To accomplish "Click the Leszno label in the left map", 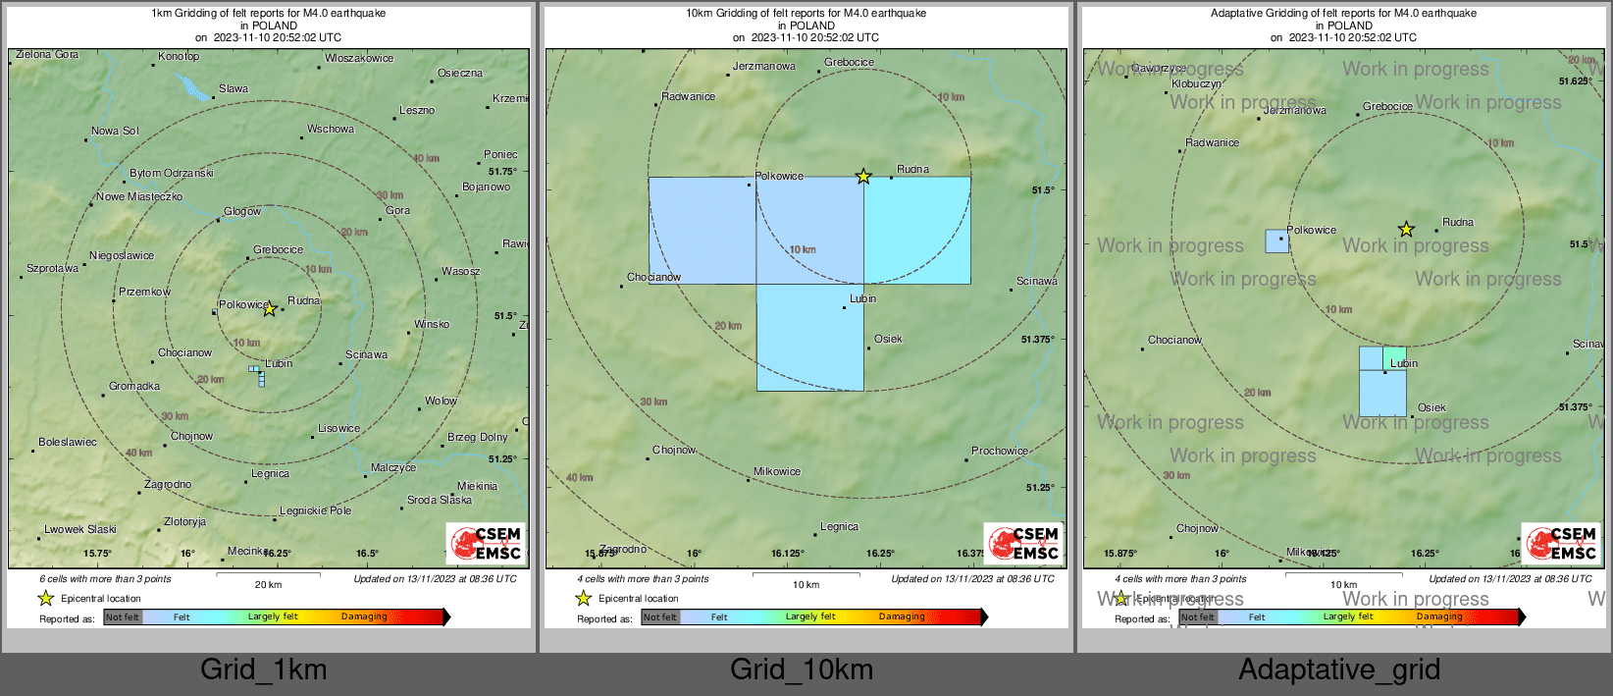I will pyautogui.click(x=416, y=110).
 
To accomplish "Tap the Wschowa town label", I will pyautogui.click(x=331, y=129).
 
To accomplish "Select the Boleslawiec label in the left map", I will pyautogui.click(x=68, y=442).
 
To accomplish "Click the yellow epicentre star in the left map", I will pyautogui.click(x=269, y=309).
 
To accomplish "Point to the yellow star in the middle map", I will pyautogui.click(x=863, y=177).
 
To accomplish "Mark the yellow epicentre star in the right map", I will pyautogui.click(x=1406, y=230).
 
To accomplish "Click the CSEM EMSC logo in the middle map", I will pyautogui.click(x=1023, y=544).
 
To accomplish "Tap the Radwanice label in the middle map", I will pyautogui.click(x=688, y=96).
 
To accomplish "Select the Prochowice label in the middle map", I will pyautogui.click(x=1000, y=451).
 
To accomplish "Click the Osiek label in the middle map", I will pyautogui.click(x=888, y=339).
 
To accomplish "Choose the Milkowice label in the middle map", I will pyautogui.click(x=777, y=471).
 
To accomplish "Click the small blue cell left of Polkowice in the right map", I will pyautogui.click(x=1276, y=241).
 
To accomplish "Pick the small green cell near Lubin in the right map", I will pyautogui.click(x=1394, y=357).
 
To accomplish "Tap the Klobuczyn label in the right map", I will pyautogui.click(x=1197, y=83).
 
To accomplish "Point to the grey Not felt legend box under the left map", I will pyautogui.click(x=123, y=617).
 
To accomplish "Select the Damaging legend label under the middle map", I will pyautogui.click(x=902, y=616).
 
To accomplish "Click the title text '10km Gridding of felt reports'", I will pyautogui.click(x=806, y=14).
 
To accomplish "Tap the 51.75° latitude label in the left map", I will pyautogui.click(x=502, y=171).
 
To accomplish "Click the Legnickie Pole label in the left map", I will pyautogui.click(x=315, y=510).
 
